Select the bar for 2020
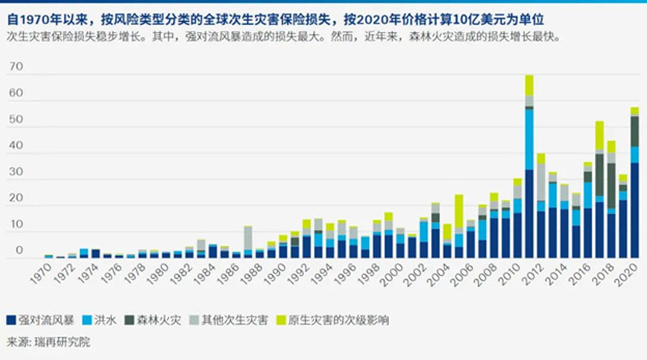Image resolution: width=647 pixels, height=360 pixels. [x=635, y=202]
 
